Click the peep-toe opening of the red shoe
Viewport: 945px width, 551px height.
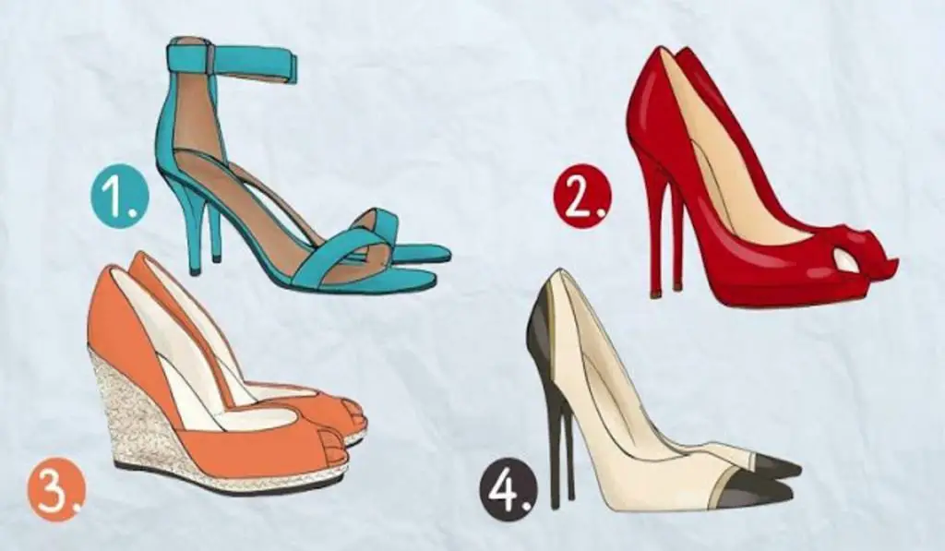click(846, 261)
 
